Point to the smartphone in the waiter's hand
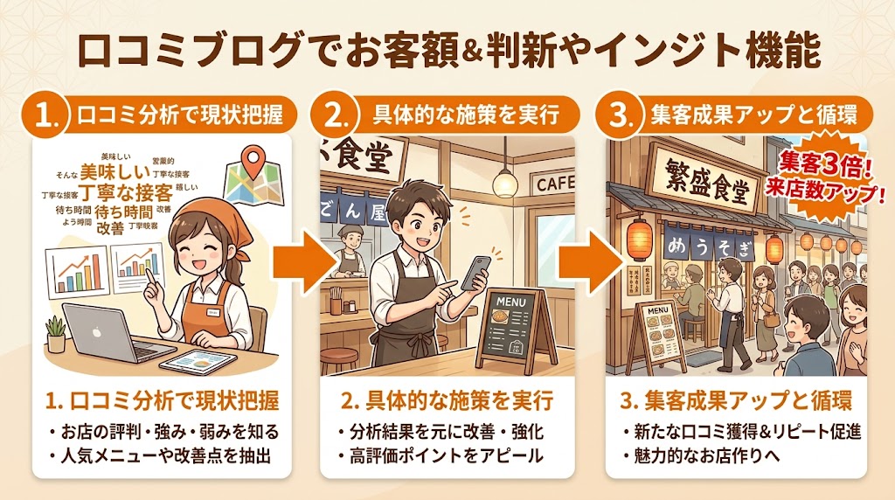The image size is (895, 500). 474,272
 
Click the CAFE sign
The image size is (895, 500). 554,184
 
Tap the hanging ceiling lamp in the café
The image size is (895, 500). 504,180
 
